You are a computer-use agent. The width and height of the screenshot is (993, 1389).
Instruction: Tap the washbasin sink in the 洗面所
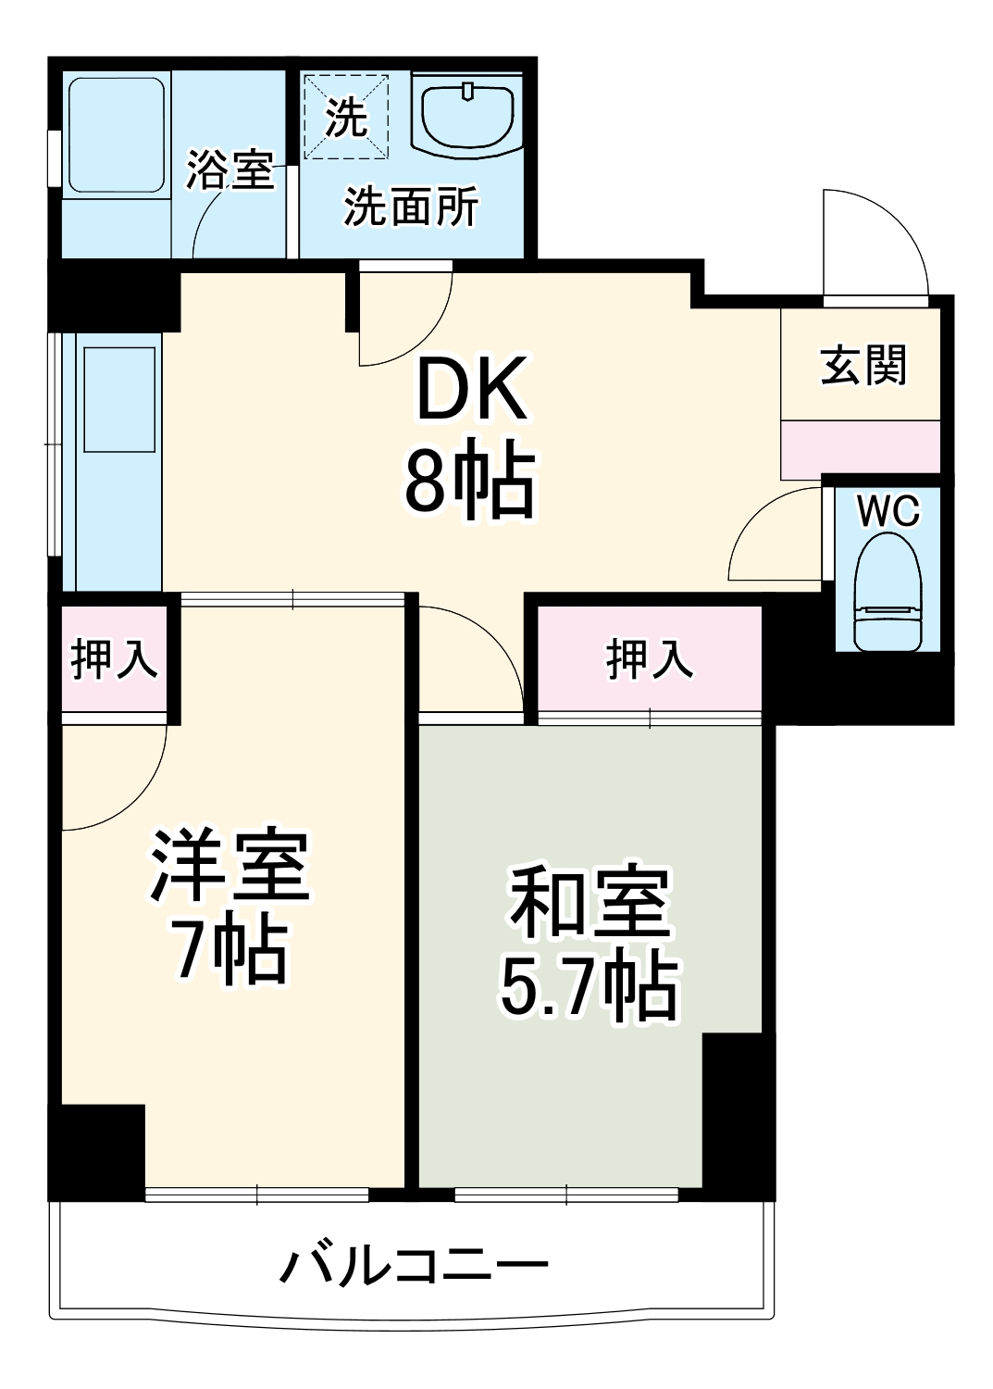point(467,115)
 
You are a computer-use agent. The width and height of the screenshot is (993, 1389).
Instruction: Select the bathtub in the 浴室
point(116,135)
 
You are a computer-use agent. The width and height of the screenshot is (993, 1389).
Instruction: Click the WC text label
point(887,511)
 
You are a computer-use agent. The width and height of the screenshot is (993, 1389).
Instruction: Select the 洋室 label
point(230,866)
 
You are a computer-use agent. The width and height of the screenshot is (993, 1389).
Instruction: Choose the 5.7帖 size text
point(590,987)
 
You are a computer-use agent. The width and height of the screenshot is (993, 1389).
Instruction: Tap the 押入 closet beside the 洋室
point(114,659)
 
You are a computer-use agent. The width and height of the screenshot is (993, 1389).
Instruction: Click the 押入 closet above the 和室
point(649,659)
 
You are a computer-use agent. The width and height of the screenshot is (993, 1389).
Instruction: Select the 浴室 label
point(230,169)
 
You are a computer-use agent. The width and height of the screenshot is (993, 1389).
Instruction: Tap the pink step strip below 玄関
point(860,449)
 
